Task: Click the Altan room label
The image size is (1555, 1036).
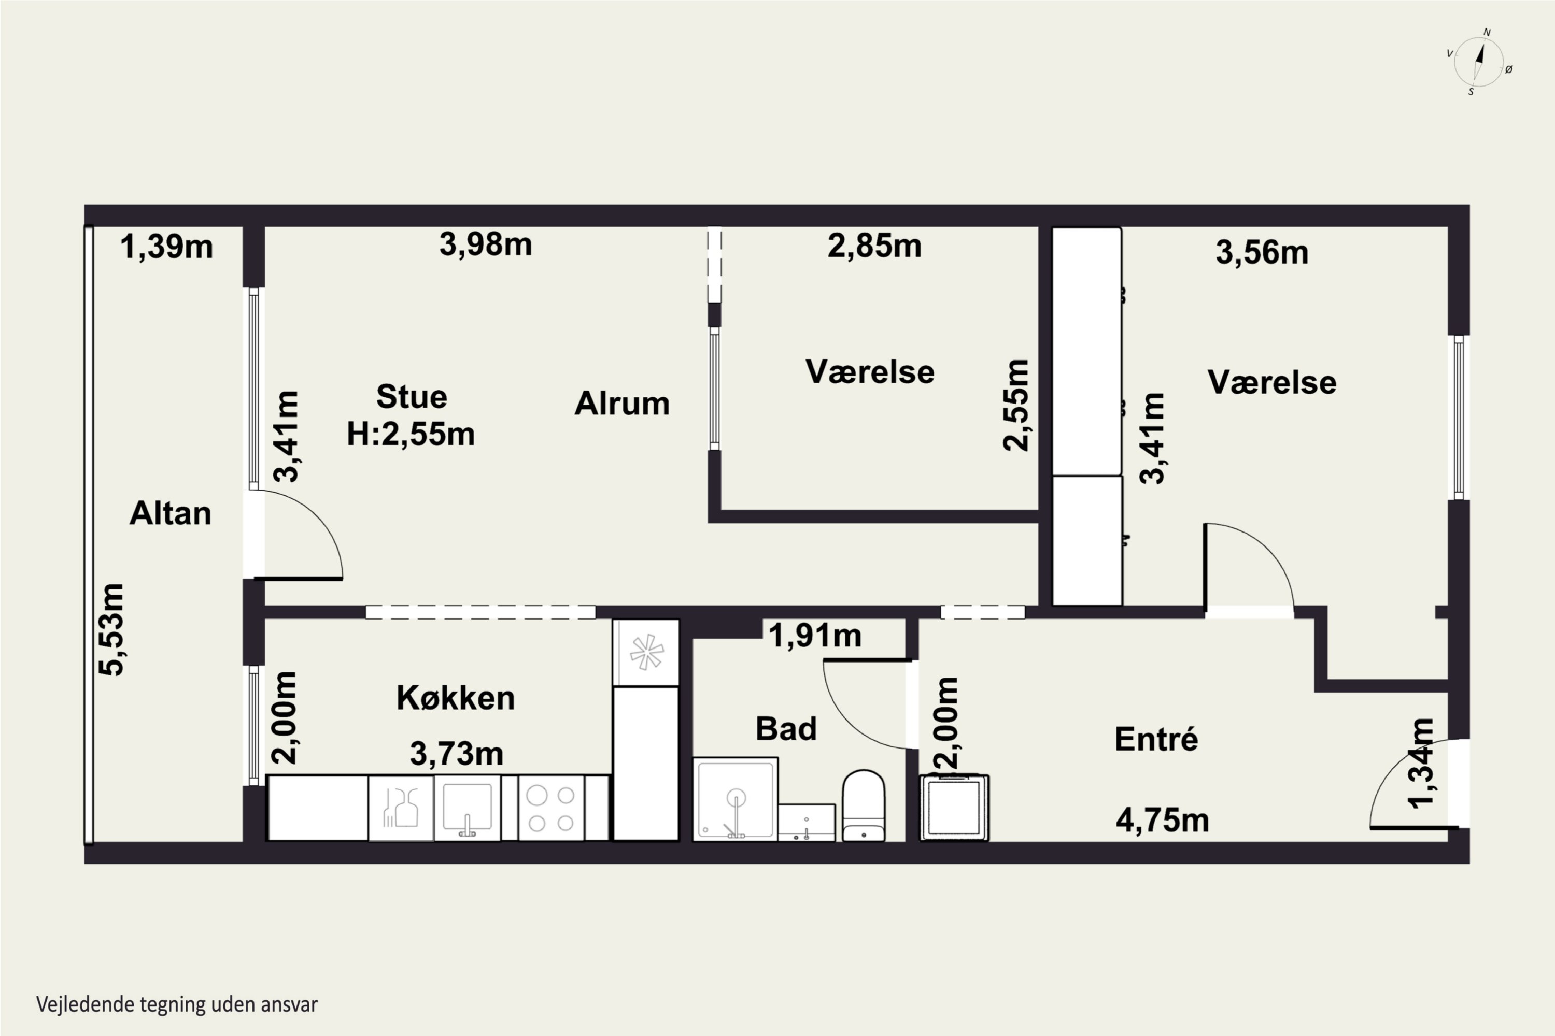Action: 170,513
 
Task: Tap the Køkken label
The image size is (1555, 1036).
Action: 456,698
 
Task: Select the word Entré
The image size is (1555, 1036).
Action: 1156,738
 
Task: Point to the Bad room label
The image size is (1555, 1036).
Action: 786,729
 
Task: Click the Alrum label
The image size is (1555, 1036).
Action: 622,403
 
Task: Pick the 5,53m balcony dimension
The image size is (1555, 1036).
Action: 111,630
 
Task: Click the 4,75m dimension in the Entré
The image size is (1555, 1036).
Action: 1162,821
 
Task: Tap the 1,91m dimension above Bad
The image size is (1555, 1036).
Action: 815,636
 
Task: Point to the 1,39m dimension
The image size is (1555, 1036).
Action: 166,247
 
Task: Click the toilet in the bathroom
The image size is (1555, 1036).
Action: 864,805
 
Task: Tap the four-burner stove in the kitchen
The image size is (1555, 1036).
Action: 552,808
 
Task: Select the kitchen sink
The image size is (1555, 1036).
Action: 467,808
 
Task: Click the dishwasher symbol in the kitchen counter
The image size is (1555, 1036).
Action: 401,808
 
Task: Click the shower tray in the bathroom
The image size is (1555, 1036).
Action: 735,799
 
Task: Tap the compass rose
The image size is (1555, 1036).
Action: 1478,62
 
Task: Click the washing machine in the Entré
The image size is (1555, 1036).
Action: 954,808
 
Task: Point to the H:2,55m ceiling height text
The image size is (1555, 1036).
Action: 411,434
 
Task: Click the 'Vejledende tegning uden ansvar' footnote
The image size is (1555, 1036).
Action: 177,1004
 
